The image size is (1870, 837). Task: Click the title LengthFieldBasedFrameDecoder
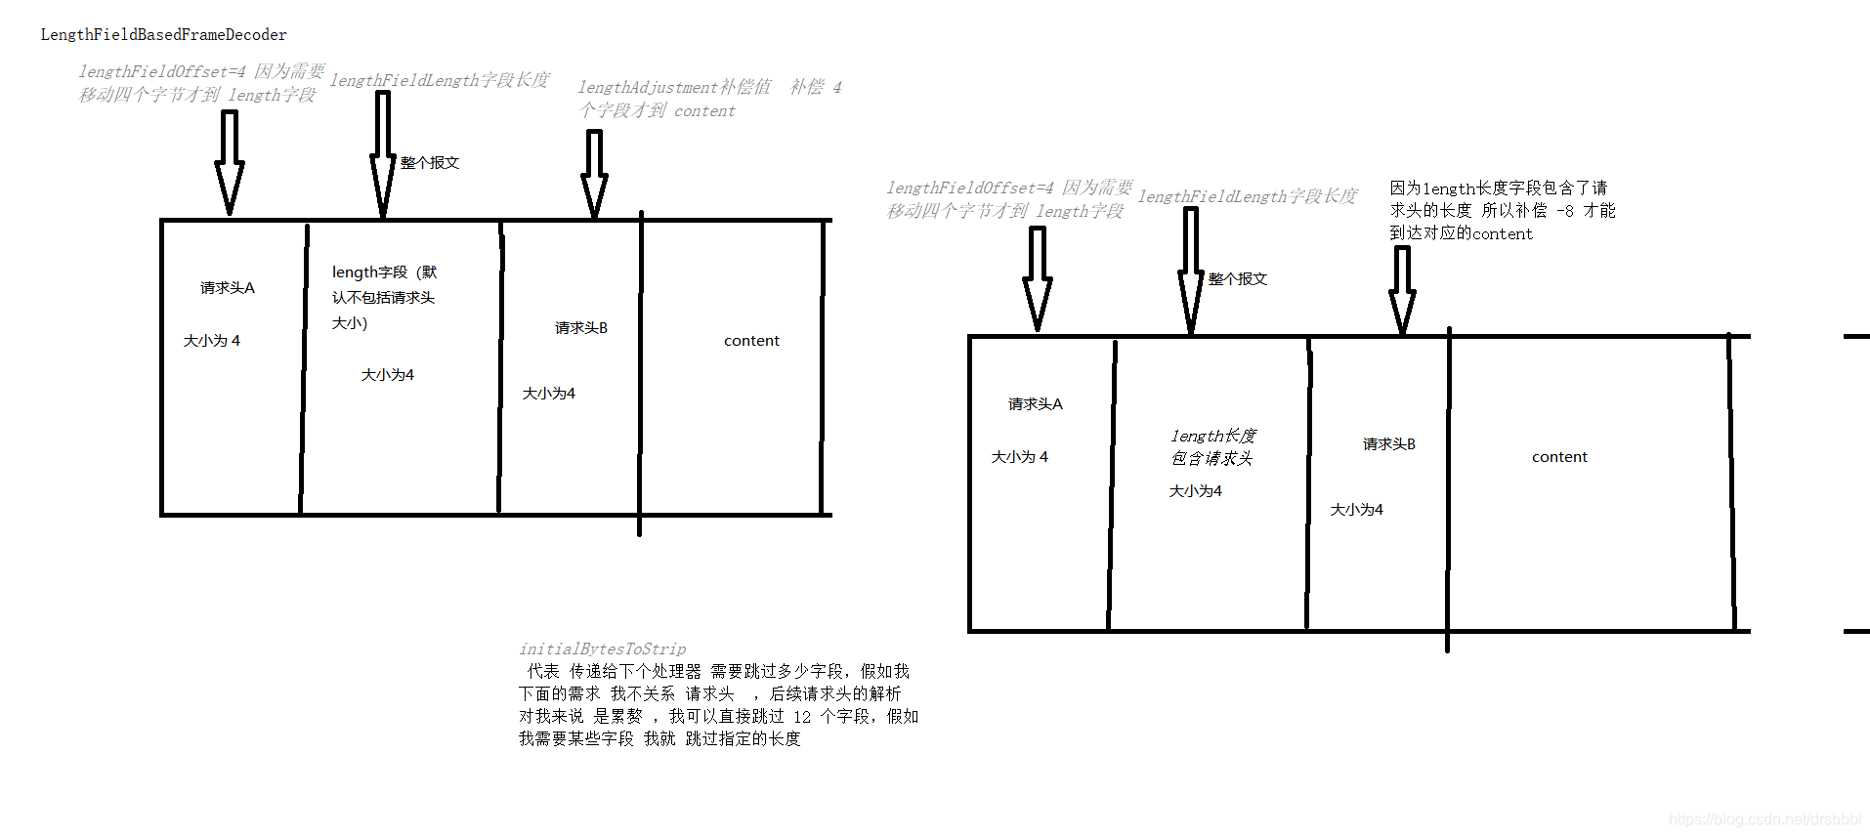(x=163, y=35)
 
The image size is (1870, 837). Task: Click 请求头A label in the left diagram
(x=228, y=288)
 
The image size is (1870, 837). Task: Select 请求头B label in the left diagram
(x=581, y=328)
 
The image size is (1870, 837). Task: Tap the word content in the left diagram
(x=751, y=341)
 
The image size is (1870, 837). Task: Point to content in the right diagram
(x=1559, y=457)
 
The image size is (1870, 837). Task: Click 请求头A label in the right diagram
(x=1036, y=404)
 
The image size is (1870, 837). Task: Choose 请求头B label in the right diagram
(x=1389, y=444)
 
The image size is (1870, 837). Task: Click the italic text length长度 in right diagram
(x=1213, y=436)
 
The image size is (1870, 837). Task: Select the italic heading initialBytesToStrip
(x=602, y=649)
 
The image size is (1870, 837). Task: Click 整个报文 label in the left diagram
(x=430, y=163)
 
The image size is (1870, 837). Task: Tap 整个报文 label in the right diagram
(x=1238, y=279)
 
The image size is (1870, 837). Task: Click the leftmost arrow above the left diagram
(x=230, y=161)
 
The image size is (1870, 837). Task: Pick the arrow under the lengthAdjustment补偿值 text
(x=594, y=173)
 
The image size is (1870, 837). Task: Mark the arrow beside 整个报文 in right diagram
(x=1191, y=271)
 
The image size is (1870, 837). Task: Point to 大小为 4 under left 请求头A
(x=212, y=341)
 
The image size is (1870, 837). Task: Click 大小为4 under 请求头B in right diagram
(x=1356, y=510)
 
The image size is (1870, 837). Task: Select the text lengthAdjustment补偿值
(x=674, y=88)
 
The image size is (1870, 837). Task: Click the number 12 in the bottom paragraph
(x=802, y=717)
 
